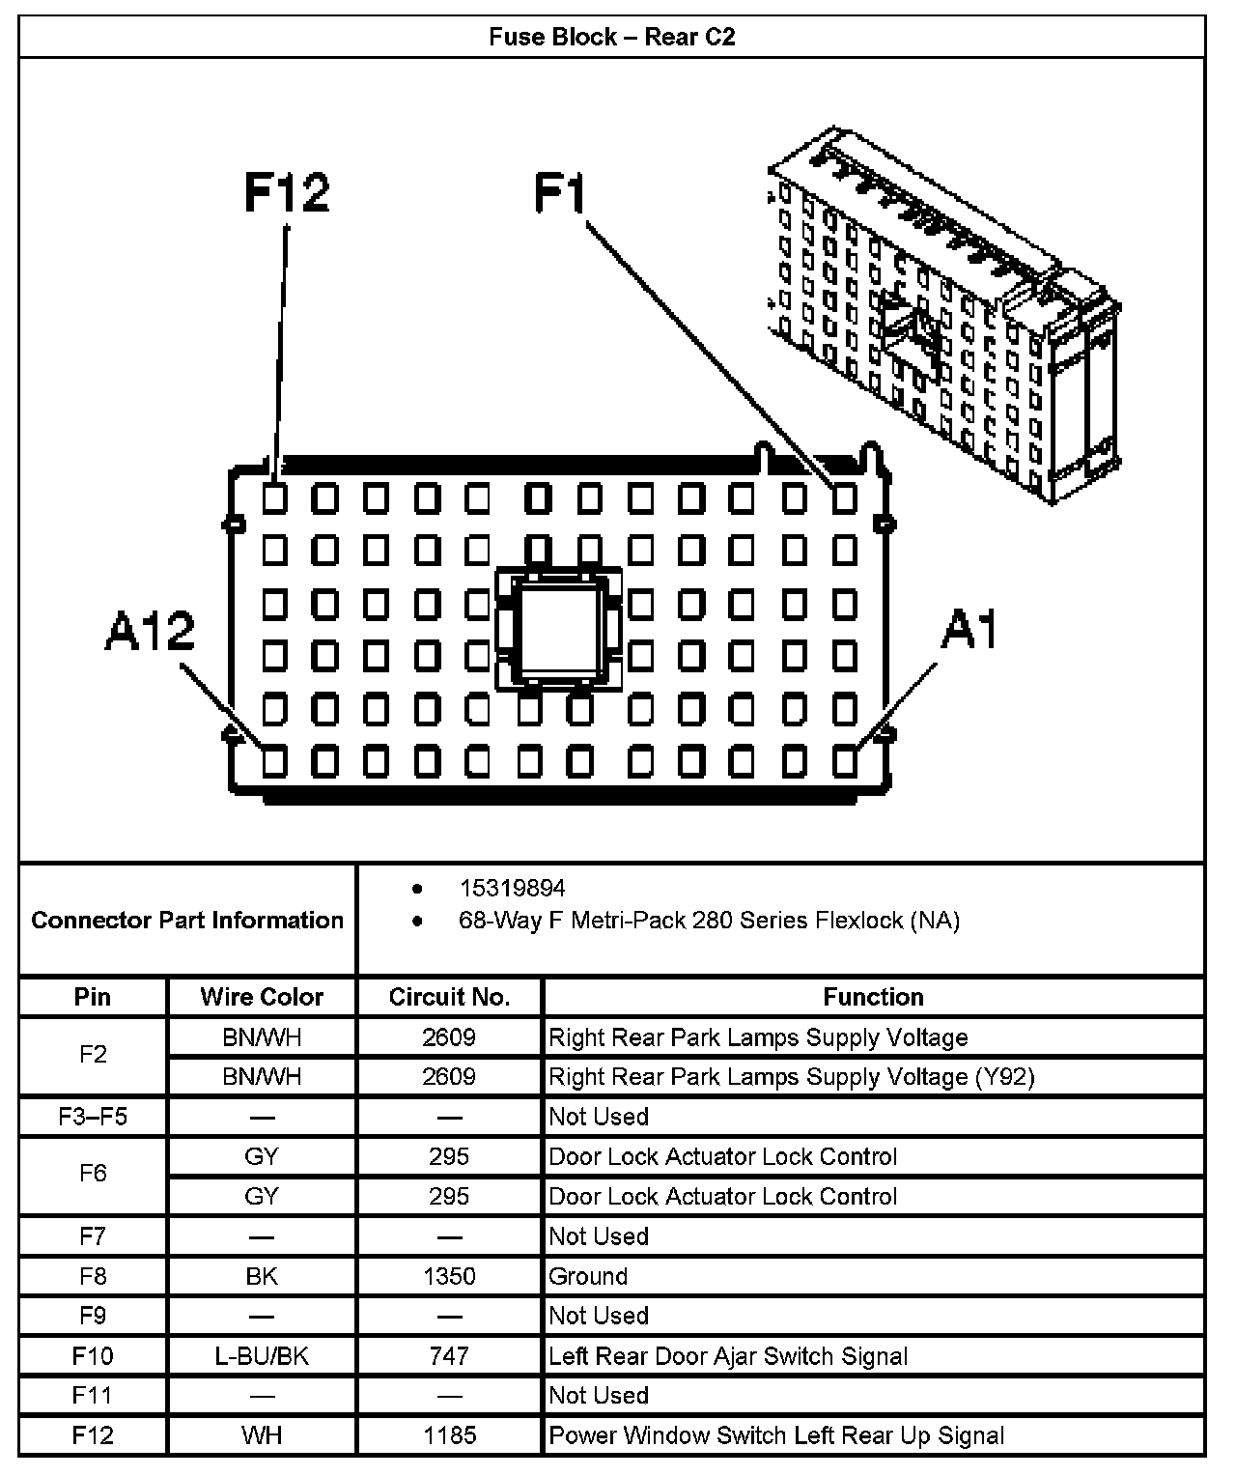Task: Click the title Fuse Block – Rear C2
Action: pos(611,38)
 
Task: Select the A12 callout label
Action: pos(150,631)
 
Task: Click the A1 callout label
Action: pos(969,631)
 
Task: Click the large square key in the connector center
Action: pos(558,630)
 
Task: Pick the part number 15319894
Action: pos(512,888)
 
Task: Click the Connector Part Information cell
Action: pos(187,920)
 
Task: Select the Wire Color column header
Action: pos(262,997)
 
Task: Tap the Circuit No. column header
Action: pos(449,997)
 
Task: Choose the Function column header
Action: pos(873,997)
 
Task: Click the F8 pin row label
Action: pos(93,1276)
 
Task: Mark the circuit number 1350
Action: pos(449,1276)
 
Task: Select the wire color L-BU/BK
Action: pos(262,1356)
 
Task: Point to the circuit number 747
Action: pos(449,1356)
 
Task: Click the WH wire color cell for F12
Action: pos(262,1435)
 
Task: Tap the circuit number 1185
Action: pos(449,1435)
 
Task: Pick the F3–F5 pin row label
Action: pos(93,1117)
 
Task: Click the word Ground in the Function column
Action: pos(588,1276)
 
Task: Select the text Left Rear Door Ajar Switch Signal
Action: pos(728,1356)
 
